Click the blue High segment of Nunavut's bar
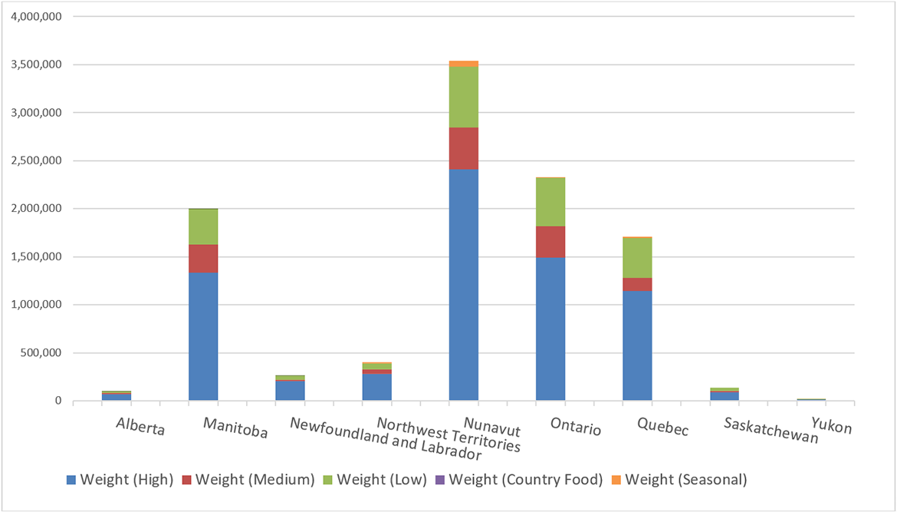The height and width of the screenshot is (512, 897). tap(464, 284)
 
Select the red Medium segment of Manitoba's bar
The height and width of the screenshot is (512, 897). tap(203, 259)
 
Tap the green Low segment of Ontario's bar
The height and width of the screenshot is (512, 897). tap(550, 202)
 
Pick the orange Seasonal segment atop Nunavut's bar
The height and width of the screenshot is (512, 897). tap(464, 64)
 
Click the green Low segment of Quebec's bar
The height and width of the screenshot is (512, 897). tap(637, 257)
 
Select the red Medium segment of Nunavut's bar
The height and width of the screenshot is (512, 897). tap(464, 148)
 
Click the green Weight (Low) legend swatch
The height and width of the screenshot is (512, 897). tap(330, 481)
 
